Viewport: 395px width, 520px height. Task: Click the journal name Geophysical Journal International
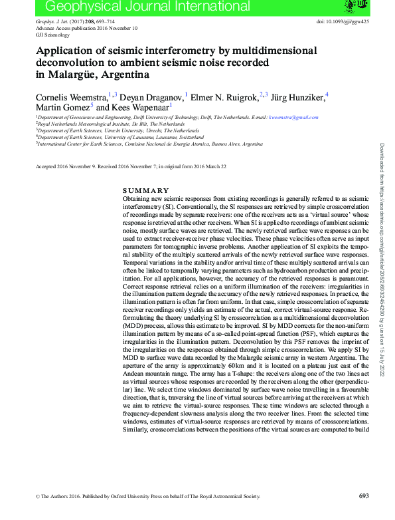pos(147,7)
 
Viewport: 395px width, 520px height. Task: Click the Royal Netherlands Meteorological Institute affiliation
pos(111,124)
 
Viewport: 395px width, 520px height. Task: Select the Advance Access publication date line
pos(86,29)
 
